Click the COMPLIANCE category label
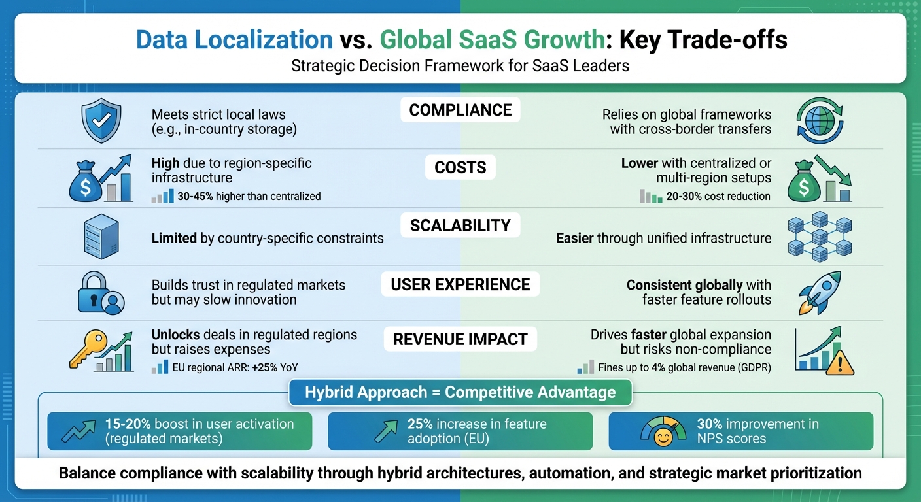click(x=460, y=110)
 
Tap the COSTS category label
click(x=460, y=168)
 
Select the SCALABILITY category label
click(x=460, y=226)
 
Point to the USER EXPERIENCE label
click(x=460, y=284)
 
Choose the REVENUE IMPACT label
click(x=460, y=339)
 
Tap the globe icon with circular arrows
click(x=820, y=122)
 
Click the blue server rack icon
click(x=101, y=237)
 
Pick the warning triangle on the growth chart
click(x=840, y=363)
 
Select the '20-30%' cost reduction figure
click(x=686, y=196)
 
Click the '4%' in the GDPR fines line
click(x=663, y=367)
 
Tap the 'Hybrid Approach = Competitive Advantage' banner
click(x=460, y=392)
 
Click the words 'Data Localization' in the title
click(x=234, y=40)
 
